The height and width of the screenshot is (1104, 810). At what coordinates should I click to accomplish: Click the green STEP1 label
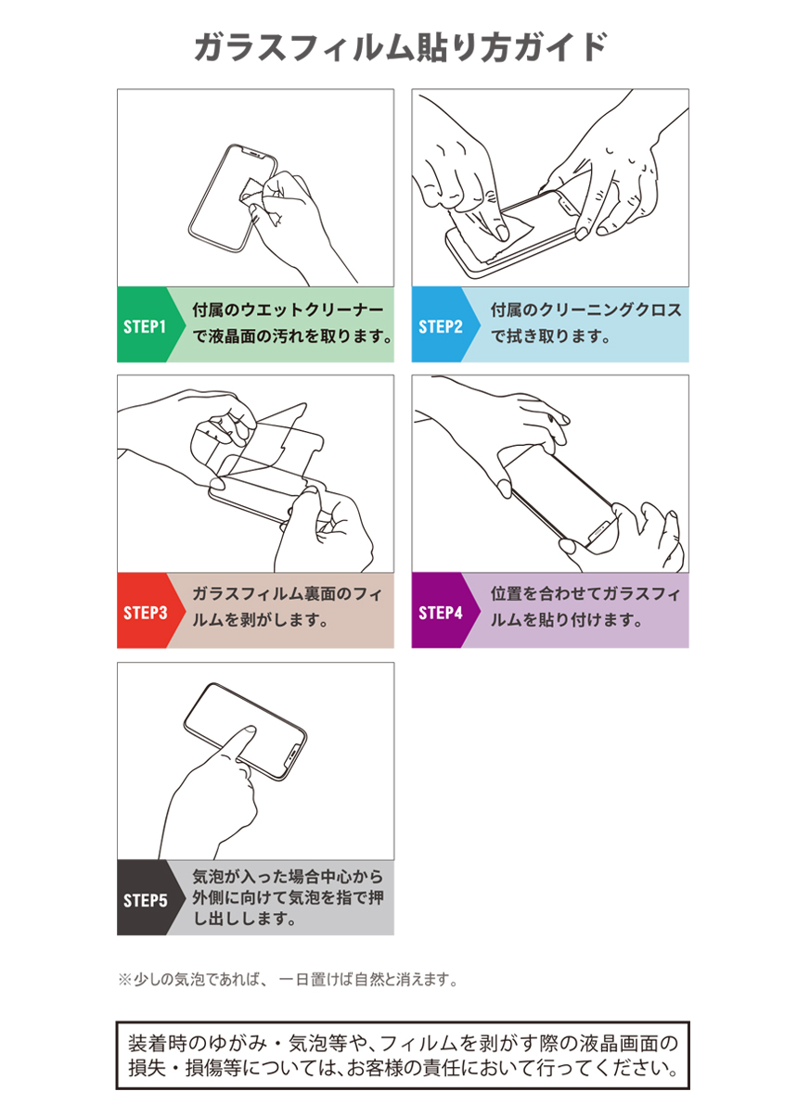(x=145, y=326)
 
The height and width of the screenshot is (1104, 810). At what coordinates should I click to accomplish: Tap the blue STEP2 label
(x=441, y=326)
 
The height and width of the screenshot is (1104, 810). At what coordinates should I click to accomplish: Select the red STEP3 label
(x=146, y=613)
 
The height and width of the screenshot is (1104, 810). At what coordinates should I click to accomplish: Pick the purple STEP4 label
(x=441, y=613)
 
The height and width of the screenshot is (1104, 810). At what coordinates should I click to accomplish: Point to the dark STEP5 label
(x=146, y=900)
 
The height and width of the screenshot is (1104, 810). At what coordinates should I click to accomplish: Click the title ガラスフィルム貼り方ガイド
(x=400, y=47)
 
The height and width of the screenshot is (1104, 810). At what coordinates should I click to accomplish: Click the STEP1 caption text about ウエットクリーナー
(x=292, y=324)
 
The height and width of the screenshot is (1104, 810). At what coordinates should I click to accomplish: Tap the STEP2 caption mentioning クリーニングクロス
(x=585, y=324)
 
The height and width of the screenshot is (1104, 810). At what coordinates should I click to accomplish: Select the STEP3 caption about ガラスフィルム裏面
(x=288, y=607)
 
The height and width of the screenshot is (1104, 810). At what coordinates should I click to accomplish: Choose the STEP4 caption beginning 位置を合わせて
(x=585, y=607)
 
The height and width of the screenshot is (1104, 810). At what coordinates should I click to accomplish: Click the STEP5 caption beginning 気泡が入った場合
(x=288, y=897)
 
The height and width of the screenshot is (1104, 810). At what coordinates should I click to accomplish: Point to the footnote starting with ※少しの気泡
(x=288, y=980)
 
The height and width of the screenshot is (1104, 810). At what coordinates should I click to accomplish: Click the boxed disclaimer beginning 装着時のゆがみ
(x=403, y=1056)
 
